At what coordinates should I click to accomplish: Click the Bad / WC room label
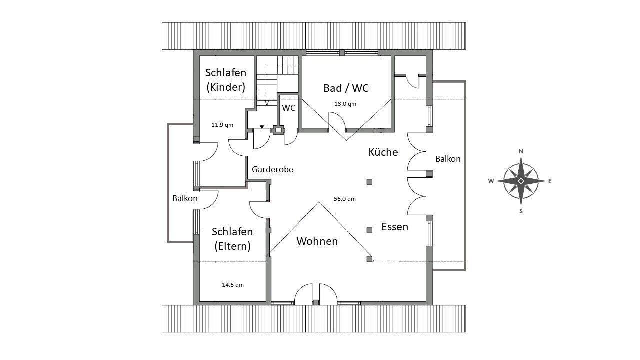(346, 88)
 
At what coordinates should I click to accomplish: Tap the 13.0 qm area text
(345, 104)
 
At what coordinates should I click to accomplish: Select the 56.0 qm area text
(345, 199)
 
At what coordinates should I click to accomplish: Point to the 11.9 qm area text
(222, 125)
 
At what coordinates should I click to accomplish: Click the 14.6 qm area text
(233, 285)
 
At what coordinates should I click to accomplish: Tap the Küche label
(383, 152)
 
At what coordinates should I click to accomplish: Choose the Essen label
(395, 227)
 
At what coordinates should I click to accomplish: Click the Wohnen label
(317, 241)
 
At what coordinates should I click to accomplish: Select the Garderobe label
(272, 170)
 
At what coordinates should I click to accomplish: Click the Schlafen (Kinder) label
(226, 80)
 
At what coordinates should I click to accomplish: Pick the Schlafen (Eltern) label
(232, 239)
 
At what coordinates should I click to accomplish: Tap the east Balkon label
(448, 159)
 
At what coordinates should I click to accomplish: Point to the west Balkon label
(185, 198)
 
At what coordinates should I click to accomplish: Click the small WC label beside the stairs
(289, 108)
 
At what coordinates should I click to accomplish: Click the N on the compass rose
(521, 151)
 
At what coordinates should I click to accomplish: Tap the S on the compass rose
(521, 211)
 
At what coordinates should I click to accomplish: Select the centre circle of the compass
(521, 181)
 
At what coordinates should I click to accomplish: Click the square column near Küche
(369, 182)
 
